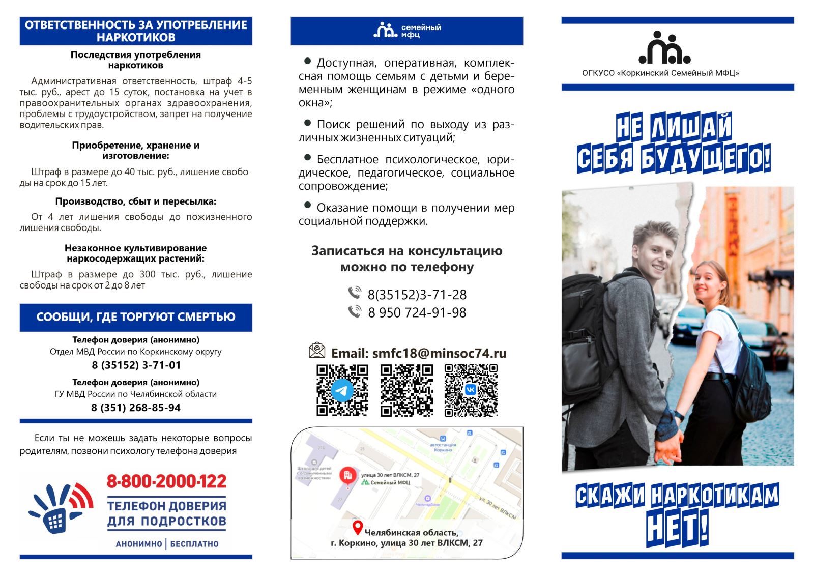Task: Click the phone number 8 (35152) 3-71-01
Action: (x=136, y=365)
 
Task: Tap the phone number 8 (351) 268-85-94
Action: (x=136, y=408)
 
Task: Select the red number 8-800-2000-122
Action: (x=166, y=481)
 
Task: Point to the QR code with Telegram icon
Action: (x=342, y=390)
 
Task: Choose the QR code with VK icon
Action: (x=471, y=390)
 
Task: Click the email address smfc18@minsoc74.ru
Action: (x=439, y=353)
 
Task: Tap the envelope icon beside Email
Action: (x=317, y=351)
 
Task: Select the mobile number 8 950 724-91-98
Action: (x=417, y=312)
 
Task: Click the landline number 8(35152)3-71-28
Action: (x=417, y=295)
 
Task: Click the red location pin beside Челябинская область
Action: (x=358, y=528)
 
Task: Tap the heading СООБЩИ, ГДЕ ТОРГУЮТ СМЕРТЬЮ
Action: (x=136, y=318)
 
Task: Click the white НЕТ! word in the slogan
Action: (x=677, y=528)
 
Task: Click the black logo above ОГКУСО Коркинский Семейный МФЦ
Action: (x=664, y=48)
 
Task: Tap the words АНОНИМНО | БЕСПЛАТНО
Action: (x=167, y=544)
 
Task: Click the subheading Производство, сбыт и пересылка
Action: (x=136, y=201)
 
